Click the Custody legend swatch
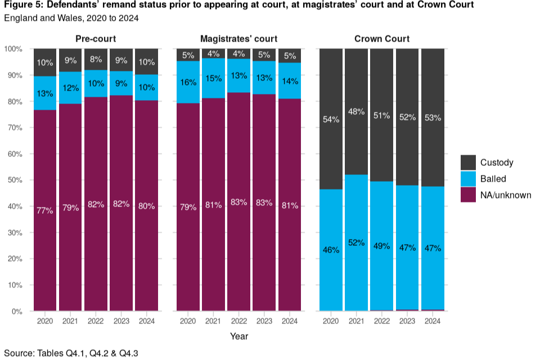coord(469,163)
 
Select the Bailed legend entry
coord(493,179)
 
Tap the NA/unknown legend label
coord(506,195)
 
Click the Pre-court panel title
coord(96,39)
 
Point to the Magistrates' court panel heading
coord(239,39)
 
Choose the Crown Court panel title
coord(382,39)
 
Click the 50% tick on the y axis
coord(13,180)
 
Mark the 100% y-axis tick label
coord(12,49)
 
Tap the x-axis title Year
coord(239,336)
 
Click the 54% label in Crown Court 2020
coord(331,120)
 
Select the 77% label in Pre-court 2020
coord(45,210)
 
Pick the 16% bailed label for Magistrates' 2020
coord(188,82)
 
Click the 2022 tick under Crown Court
coord(382,321)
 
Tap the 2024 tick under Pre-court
coord(147,321)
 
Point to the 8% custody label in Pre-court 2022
coord(96,58)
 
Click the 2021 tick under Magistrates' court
coord(214,321)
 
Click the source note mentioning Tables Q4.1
coord(71,353)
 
